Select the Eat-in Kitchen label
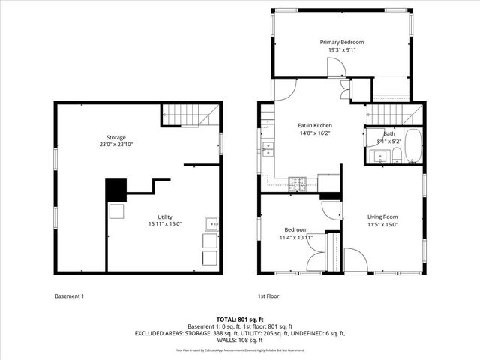[314, 125]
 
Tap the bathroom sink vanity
[377, 157]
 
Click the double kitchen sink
[267, 148]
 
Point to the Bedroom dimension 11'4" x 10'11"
[296, 237]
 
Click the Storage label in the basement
[115, 137]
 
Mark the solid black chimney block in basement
[116, 190]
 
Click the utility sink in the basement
[211, 223]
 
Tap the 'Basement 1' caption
[70, 295]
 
